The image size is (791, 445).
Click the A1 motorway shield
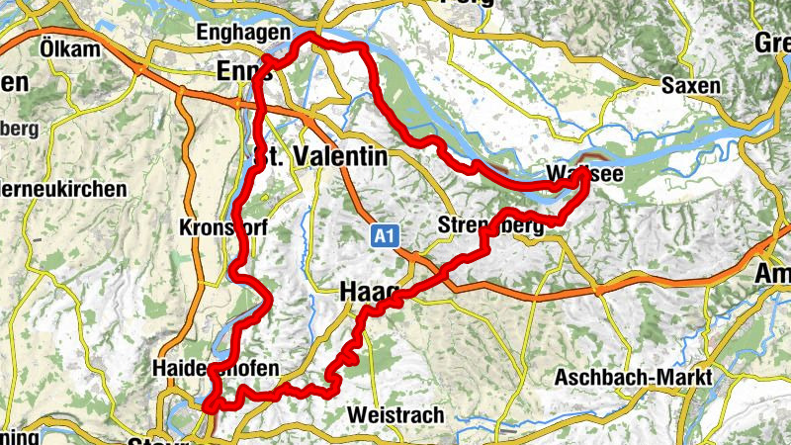(386, 235)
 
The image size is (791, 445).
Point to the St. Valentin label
(321, 157)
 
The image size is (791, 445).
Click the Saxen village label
(691, 86)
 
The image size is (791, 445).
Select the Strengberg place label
(490, 226)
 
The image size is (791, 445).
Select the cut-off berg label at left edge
(20, 129)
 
